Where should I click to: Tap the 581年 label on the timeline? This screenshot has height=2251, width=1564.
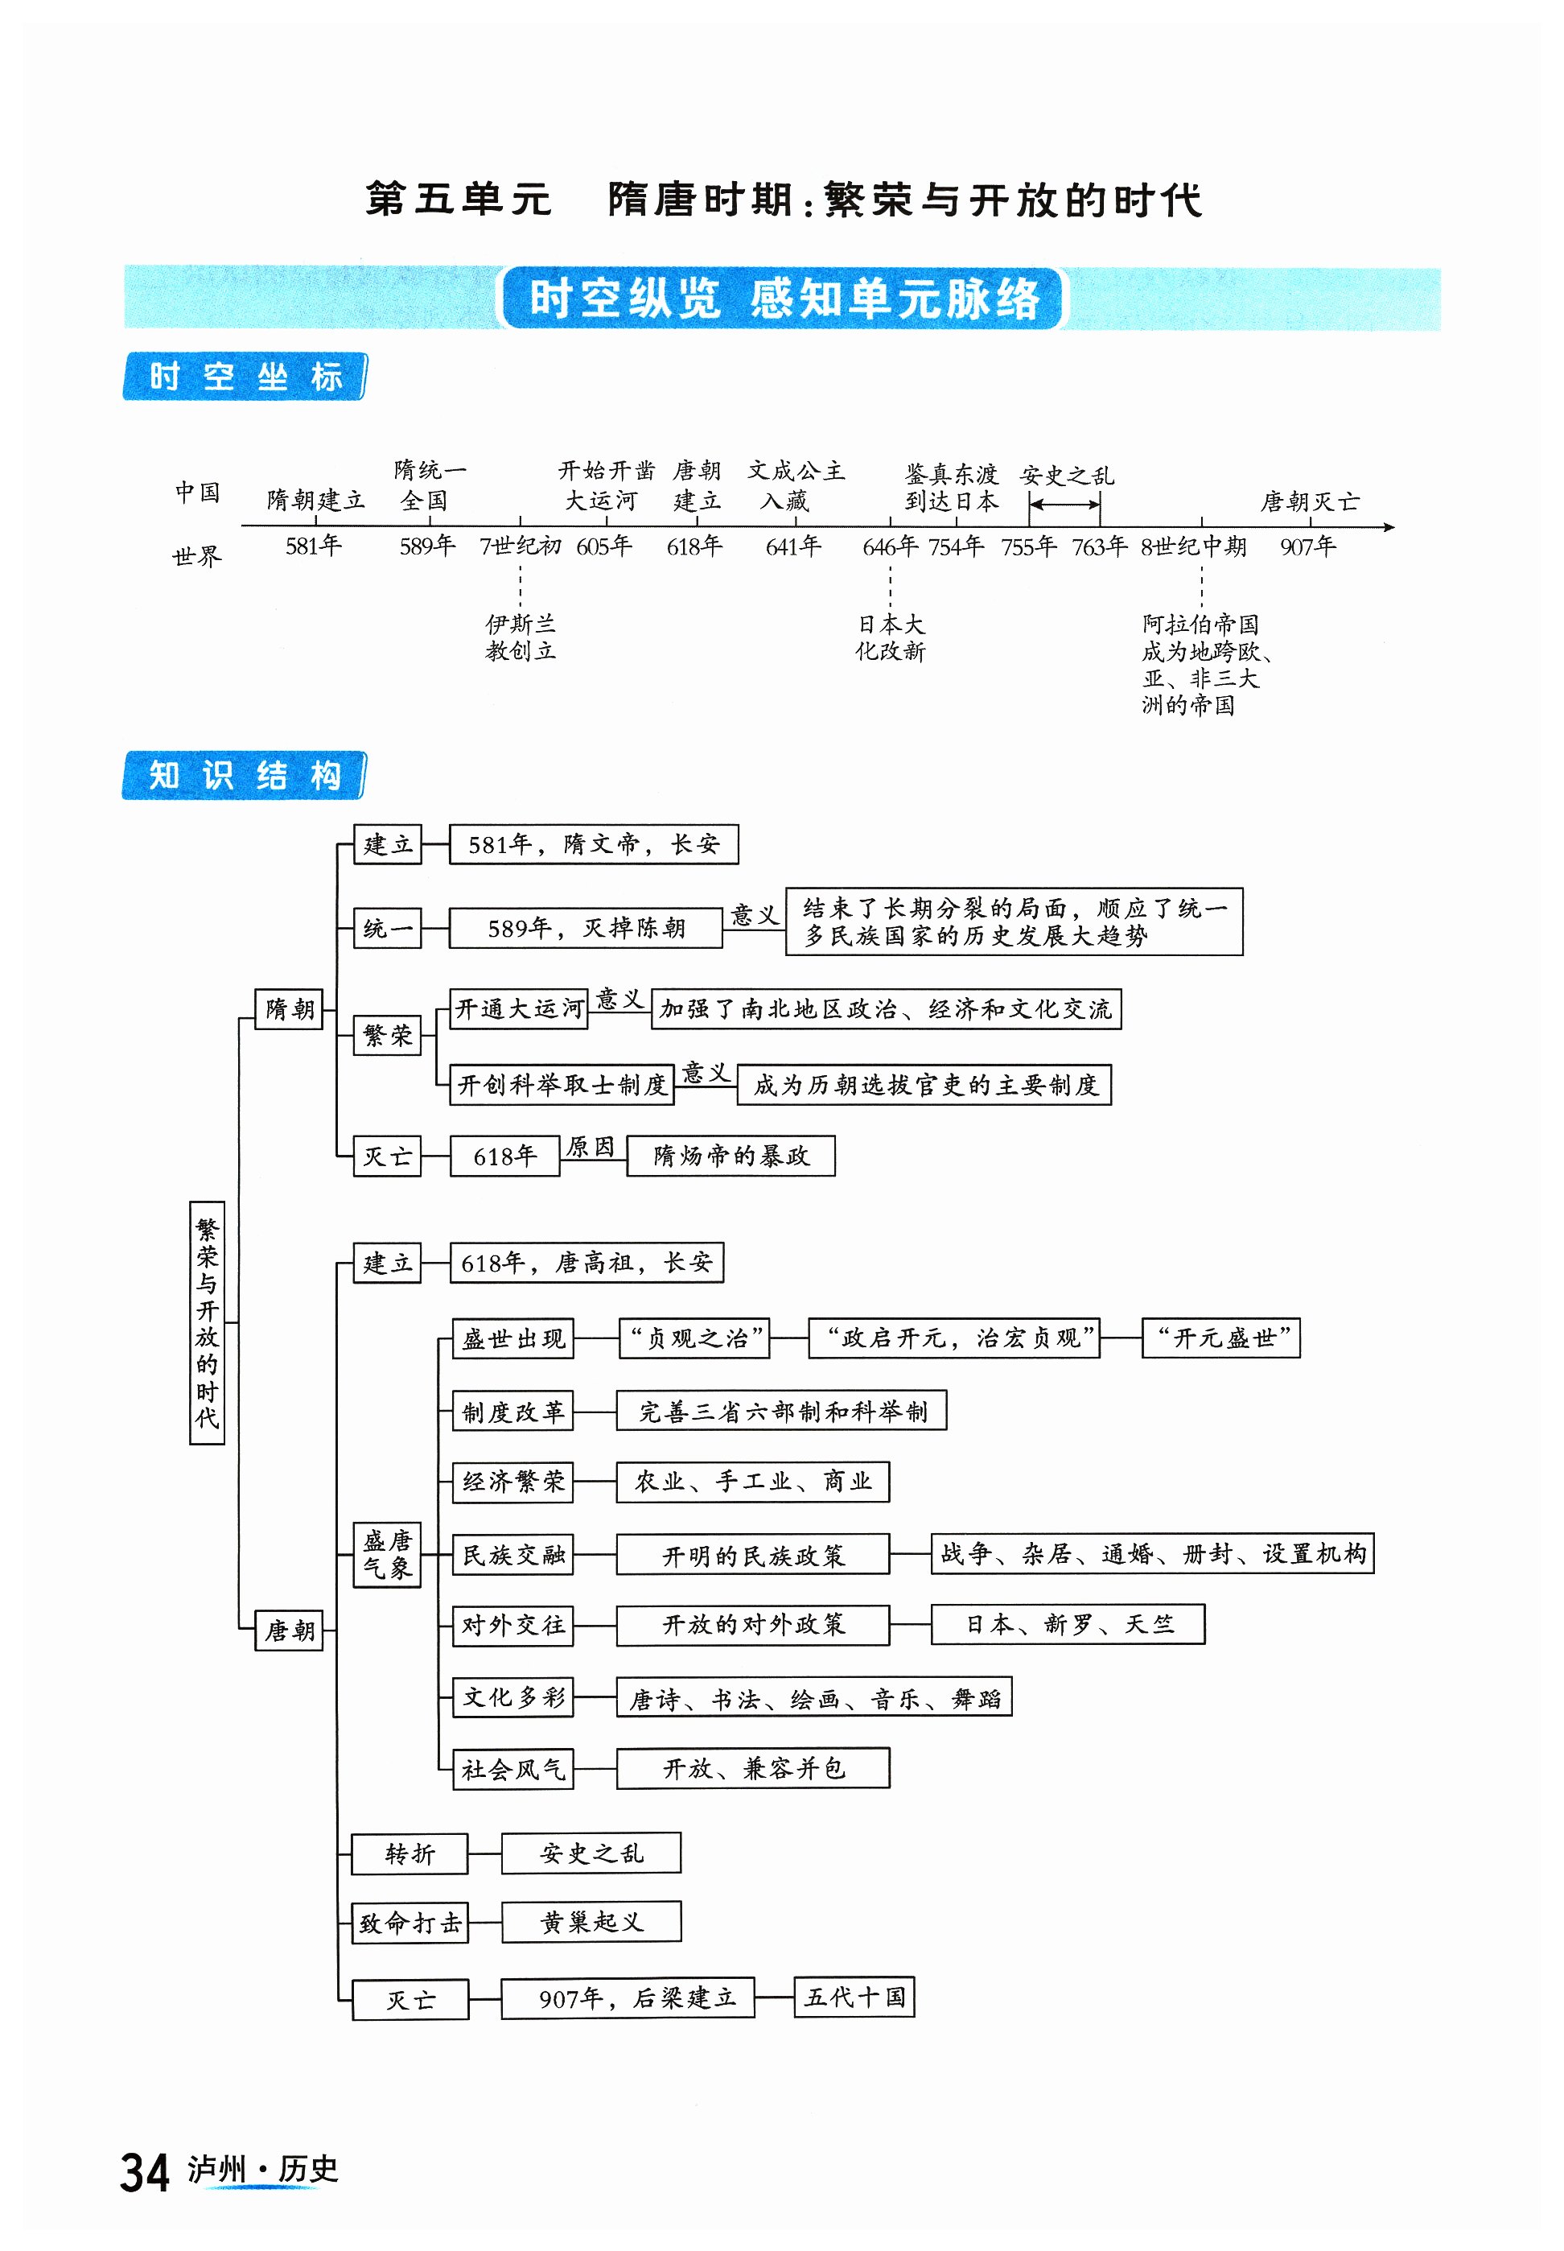(313, 546)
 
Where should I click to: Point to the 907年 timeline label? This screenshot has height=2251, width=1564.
(1307, 546)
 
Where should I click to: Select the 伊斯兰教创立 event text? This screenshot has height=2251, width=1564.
(521, 637)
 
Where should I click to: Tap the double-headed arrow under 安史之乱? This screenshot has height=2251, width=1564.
(1064, 505)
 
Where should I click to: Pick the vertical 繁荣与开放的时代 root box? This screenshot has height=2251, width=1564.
(207, 1322)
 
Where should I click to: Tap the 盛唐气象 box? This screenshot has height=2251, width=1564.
(387, 1554)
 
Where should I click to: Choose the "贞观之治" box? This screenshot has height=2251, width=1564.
(694, 1338)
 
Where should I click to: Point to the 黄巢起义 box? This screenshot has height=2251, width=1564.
(591, 1922)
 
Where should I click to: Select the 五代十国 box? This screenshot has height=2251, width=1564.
(854, 1996)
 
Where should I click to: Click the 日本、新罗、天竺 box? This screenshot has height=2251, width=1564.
(1067, 1624)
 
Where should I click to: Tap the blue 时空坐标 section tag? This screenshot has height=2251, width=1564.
(244, 377)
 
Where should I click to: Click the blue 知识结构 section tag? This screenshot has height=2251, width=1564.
(244, 775)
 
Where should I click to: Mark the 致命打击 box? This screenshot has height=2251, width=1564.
(410, 1922)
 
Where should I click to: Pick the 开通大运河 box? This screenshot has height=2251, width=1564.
(518, 1008)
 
